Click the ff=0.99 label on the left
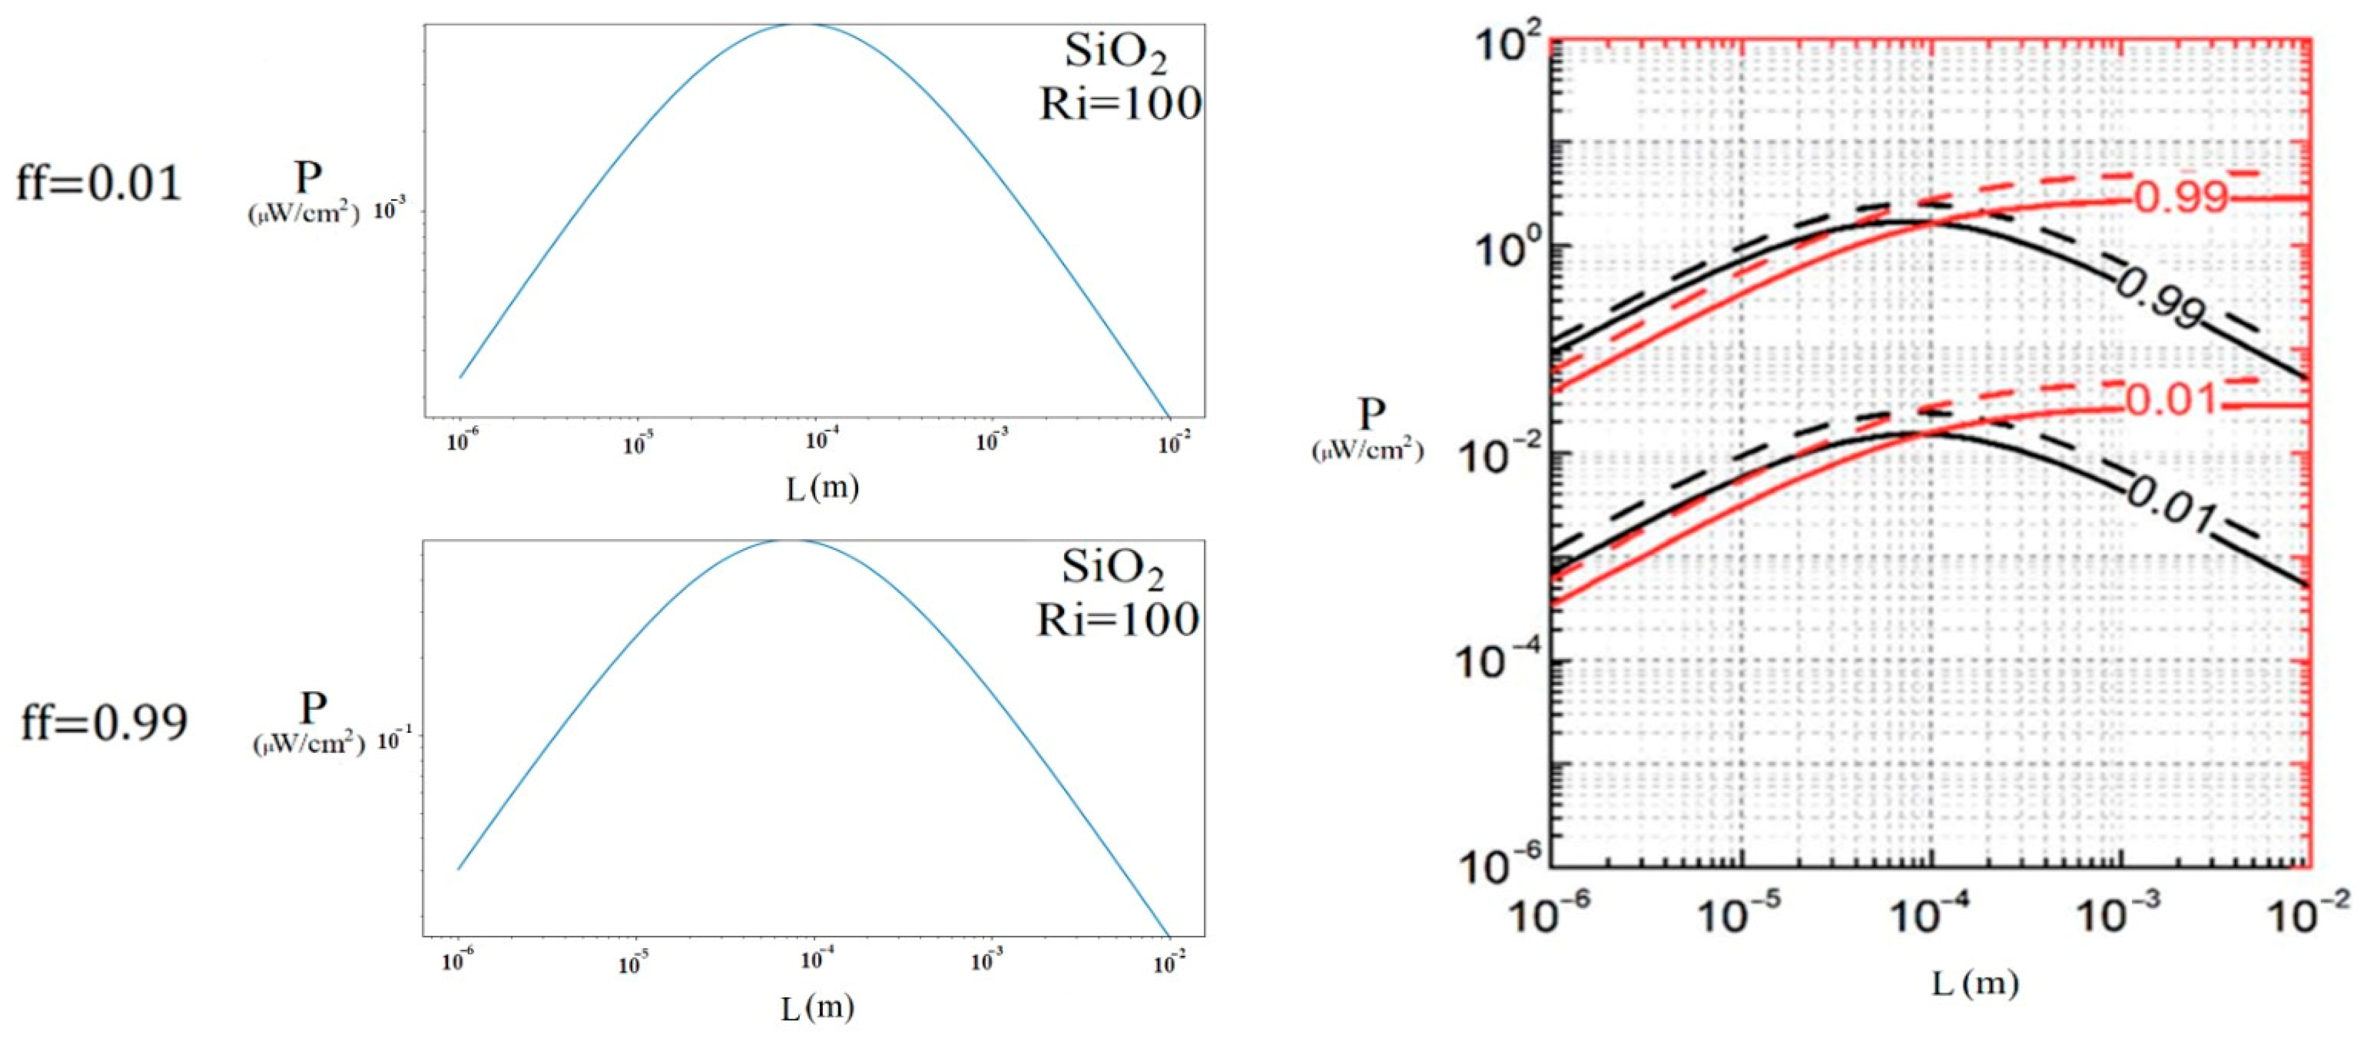coord(104,722)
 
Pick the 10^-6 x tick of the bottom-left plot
coord(458,962)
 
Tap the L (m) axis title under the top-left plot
coord(822,487)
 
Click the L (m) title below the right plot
coord(1975,985)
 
